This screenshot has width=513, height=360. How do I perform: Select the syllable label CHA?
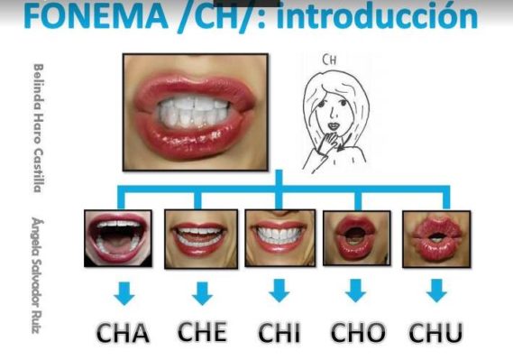click(123, 332)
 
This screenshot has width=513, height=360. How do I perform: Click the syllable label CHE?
click(202, 331)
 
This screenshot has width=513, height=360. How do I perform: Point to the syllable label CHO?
click(358, 332)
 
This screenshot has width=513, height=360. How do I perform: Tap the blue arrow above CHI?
click(279, 291)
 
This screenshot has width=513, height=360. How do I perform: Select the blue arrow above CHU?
click(436, 291)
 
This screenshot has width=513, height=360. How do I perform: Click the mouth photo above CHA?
click(117, 236)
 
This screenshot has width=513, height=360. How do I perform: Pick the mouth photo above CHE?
click(200, 237)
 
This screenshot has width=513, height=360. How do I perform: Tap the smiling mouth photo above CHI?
click(279, 237)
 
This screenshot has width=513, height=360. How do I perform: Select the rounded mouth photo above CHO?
click(357, 237)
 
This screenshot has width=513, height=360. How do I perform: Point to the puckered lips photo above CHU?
click(436, 237)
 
